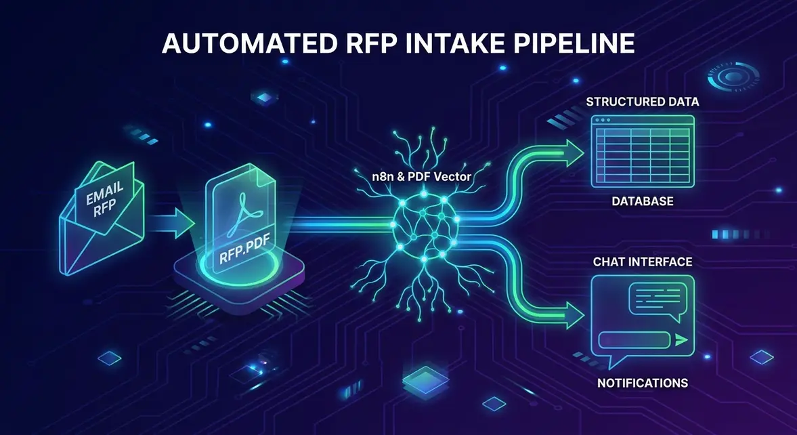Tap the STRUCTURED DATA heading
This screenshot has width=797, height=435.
click(642, 102)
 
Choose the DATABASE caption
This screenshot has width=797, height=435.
click(642, 202)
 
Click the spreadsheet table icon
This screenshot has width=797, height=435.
click(642, 150)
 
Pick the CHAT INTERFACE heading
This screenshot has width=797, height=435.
click(642, 262)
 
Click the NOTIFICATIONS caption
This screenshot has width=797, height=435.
click(642, 384)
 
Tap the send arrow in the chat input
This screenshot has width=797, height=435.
click(680, 339)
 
